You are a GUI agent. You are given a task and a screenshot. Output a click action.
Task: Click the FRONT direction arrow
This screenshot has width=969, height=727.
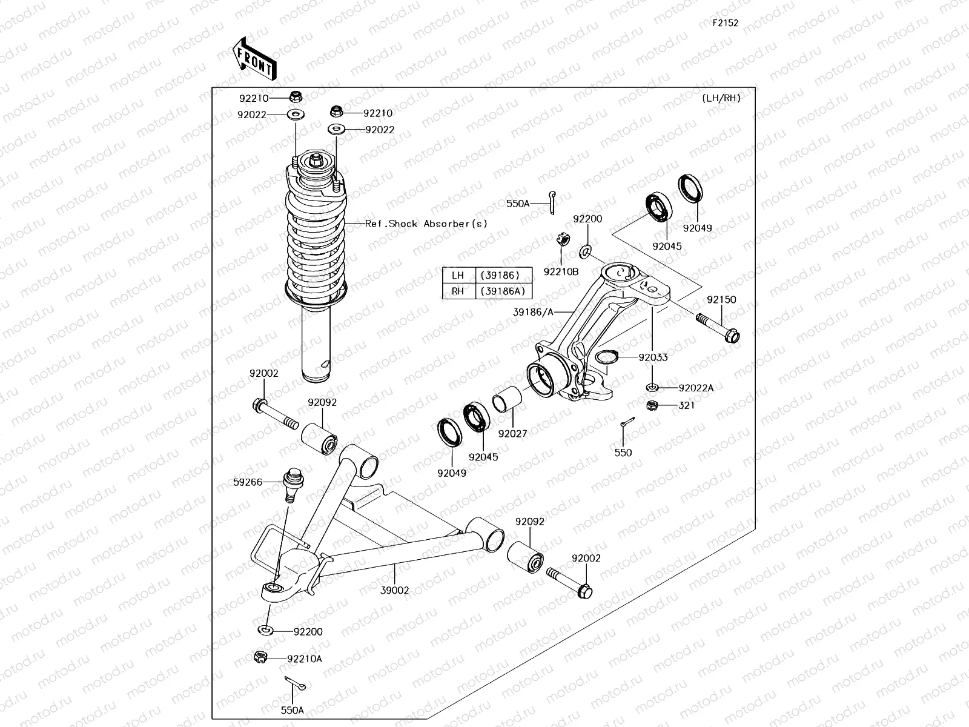tap(255, 59)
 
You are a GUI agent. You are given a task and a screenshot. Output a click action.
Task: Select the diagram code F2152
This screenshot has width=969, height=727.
tap(726, 23)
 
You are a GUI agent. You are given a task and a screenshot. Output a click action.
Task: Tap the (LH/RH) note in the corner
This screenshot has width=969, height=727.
tap(721, 98)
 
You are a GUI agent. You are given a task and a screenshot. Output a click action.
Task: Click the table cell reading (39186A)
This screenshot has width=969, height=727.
tap(503, 291)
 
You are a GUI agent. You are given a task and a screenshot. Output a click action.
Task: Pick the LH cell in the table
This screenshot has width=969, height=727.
tap(458, 276)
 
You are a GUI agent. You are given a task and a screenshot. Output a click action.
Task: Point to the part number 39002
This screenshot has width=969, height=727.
tap(395, 590)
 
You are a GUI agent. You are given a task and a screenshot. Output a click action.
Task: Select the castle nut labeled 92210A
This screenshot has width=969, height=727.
tap(261, 657)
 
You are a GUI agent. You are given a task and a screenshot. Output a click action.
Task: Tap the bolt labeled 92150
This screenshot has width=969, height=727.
tap(718, 327)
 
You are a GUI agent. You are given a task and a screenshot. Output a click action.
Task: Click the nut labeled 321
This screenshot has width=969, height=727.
tap(652, 405)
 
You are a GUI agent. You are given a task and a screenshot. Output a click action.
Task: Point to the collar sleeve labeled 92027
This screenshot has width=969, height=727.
tap(507, 399)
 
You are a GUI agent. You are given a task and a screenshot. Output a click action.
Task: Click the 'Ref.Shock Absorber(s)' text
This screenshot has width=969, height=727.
tap(426, 224)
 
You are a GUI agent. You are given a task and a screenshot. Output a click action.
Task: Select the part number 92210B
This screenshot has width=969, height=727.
tap(561, 272)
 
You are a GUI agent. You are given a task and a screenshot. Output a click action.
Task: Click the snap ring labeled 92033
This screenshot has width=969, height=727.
tap(607, 357)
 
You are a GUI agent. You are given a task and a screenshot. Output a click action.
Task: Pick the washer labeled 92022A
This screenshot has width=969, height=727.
tap(652, 388)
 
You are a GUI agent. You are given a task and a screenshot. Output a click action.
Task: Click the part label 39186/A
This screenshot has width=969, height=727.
tap(533, 312)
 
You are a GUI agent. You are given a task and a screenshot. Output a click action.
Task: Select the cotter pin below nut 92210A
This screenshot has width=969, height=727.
tap(295, 683)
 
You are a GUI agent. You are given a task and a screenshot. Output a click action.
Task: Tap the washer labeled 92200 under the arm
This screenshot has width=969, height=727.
tap(265, 630)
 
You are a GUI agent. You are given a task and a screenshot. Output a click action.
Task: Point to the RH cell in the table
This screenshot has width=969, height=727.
tap(458, 291)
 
